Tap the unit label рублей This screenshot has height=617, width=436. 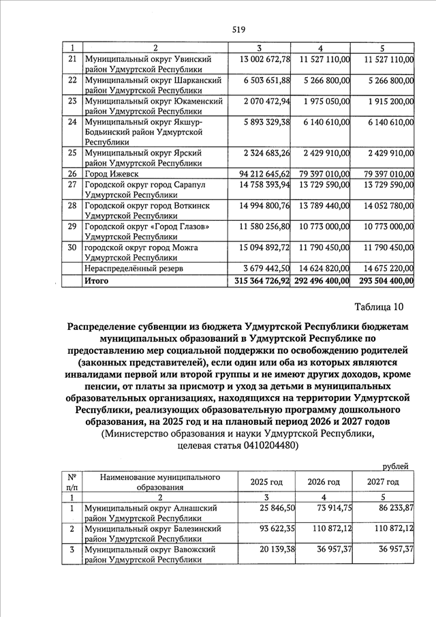[x=395, y=466]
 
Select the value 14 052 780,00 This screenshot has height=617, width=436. [x=379, y=205]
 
